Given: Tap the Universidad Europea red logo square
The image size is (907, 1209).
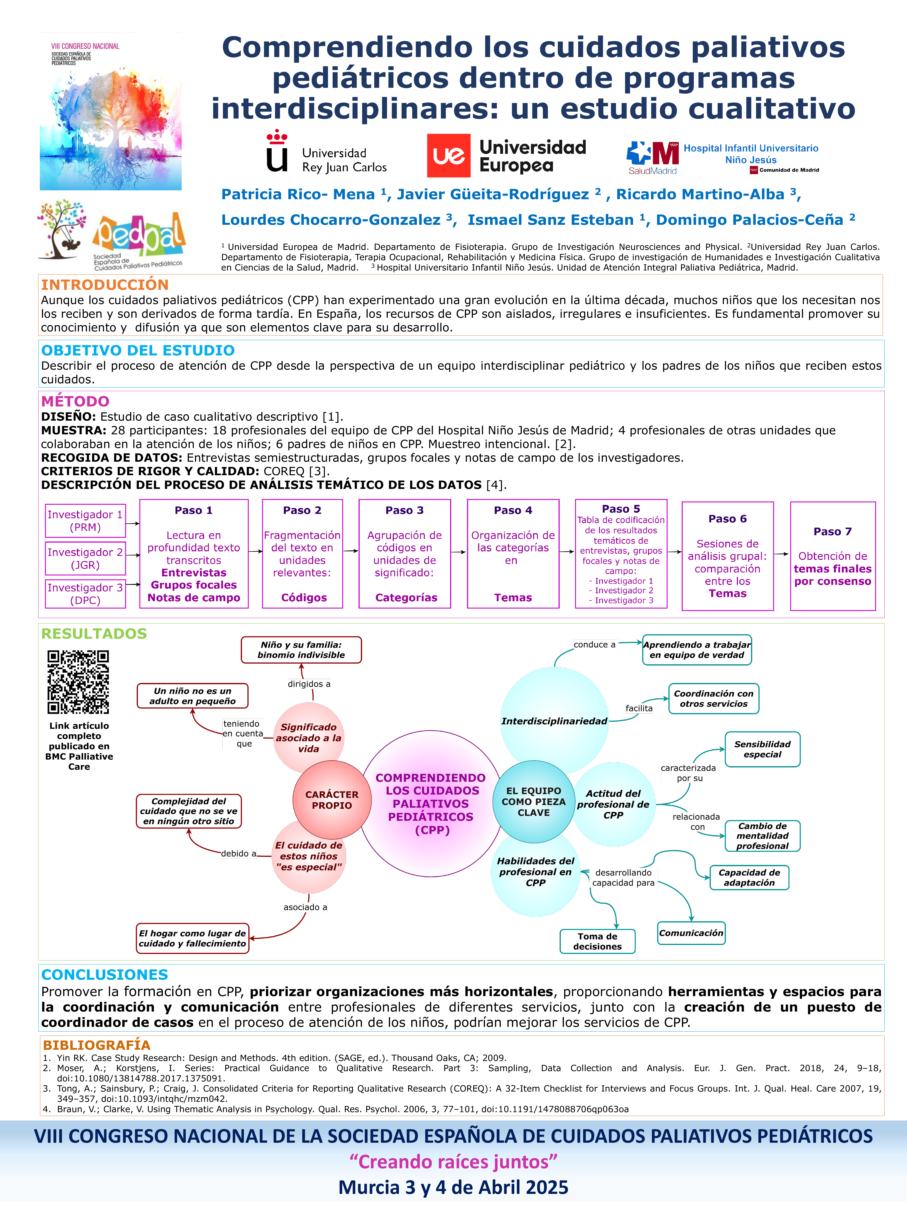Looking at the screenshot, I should click(x=448, y=156).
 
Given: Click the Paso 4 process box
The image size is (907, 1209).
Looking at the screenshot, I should click(x=513, y=554).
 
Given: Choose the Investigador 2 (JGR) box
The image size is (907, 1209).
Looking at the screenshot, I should click(x=85, y=559).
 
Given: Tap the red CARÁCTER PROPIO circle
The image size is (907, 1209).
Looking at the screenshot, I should click(x=332, y=800).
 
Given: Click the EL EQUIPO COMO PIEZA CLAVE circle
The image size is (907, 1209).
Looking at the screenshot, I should click(x=534, y=801).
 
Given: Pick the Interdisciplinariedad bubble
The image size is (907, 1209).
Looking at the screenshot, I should click(x=554, y=721).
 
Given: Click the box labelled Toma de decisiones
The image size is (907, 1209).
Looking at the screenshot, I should click(x=597, y=941).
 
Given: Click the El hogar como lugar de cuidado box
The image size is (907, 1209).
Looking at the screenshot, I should click(x=193, y=939).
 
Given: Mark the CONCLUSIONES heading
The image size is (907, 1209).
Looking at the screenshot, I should click(x=104, y=975).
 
